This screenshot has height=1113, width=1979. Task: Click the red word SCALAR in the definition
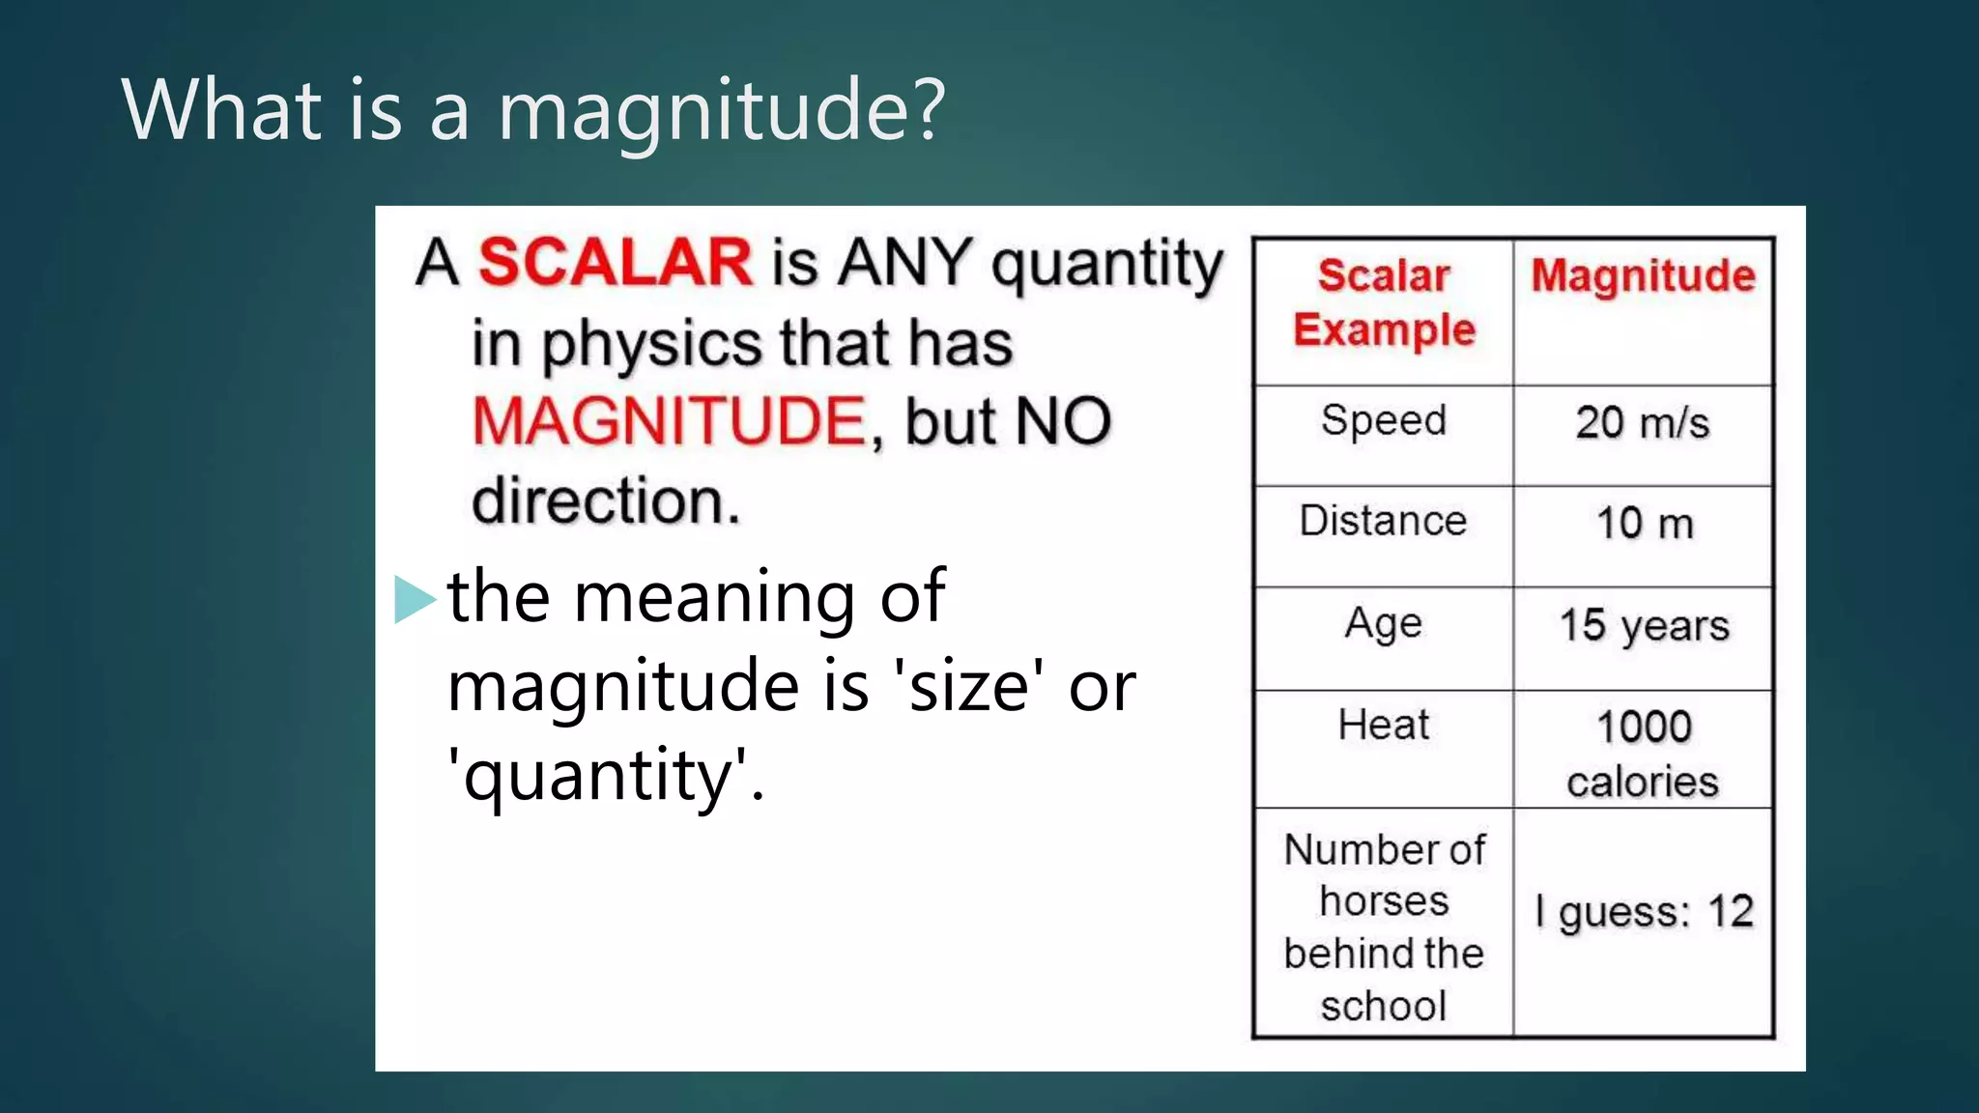pos(615,262)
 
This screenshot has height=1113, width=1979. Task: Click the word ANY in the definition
pos(904,262)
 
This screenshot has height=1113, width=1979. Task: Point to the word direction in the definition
pos(605,501)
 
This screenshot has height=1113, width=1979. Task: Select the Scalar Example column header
pos(1384,303)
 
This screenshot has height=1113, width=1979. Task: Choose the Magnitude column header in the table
pos(1643,276)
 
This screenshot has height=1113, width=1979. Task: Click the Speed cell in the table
pos(1384,421)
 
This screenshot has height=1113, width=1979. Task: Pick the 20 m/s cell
pos(1643,423)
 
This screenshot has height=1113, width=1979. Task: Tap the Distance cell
pos(1384,522)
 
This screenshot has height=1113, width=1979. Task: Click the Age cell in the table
pos(1384,624)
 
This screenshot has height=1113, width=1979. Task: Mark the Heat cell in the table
pos(1384,726)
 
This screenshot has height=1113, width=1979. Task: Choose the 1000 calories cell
pos(1643,754)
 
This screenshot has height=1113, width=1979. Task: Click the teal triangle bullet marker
pos(415,599)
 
